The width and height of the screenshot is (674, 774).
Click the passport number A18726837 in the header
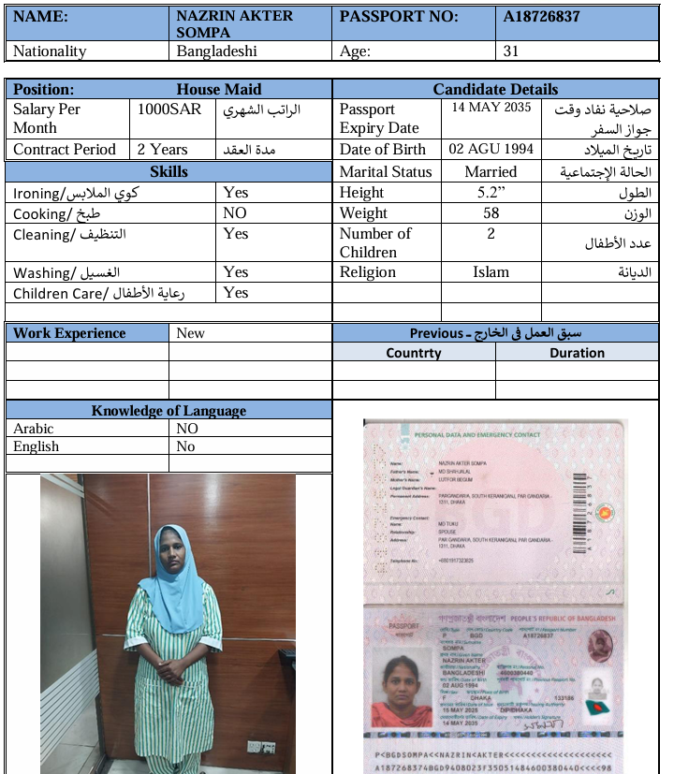(x=541, y=17)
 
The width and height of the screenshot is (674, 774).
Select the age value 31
(x=511, y=51)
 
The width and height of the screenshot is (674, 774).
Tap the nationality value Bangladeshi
(x=216, y=51)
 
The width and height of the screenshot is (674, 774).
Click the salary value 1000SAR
(x=166, y=110)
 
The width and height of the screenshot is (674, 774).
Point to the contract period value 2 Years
(x=162, y=150)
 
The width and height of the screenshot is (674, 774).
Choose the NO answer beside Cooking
(x=235, y=213)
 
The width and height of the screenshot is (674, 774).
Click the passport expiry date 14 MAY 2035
(x=491, y=108)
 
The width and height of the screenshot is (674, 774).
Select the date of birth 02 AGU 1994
(x=491, y=150)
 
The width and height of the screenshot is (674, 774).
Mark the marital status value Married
(x=491, y=172)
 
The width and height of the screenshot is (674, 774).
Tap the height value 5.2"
(x=491, y=193)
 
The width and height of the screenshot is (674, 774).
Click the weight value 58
(x=491, y=213)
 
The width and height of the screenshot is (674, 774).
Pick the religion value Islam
(x=491, y=272)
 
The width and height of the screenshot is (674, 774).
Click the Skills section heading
(x=168, y=172)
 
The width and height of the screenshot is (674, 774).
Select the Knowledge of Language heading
(x=168, y=411)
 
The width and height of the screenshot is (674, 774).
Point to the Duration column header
(x=577, y=353)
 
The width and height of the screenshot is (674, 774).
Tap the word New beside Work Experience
(x=190, y=333)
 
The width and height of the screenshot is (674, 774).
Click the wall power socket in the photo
(x=255, y=746)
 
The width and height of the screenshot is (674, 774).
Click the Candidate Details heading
(x=495, y=90)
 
